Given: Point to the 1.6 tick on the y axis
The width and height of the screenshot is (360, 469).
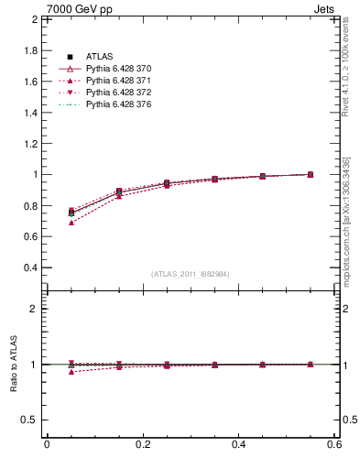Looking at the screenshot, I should coord(31,81).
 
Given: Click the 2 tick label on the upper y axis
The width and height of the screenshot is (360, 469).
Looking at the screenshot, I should coord(35,19).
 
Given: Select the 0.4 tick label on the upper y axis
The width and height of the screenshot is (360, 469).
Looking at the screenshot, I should coord(31,267).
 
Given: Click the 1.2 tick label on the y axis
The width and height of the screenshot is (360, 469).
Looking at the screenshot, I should coord(31,143).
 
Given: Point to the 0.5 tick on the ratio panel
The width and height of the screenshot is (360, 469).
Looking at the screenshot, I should coord(31,420).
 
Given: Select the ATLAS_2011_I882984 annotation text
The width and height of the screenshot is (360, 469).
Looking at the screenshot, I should coord(191,274).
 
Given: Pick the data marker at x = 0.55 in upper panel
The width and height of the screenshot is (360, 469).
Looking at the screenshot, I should coord(311,174).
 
